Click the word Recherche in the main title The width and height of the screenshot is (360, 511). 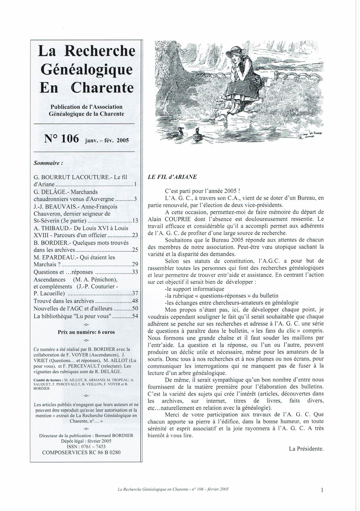99,51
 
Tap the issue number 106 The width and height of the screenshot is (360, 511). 70,138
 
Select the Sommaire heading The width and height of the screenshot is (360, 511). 48,163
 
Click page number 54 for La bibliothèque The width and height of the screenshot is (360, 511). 135,316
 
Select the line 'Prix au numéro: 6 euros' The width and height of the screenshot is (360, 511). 86,332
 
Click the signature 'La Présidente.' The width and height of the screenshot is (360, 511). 306,448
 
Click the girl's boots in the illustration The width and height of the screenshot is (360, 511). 235,107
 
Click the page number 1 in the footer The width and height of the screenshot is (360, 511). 322,490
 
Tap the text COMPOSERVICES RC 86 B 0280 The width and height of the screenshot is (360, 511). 81,452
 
